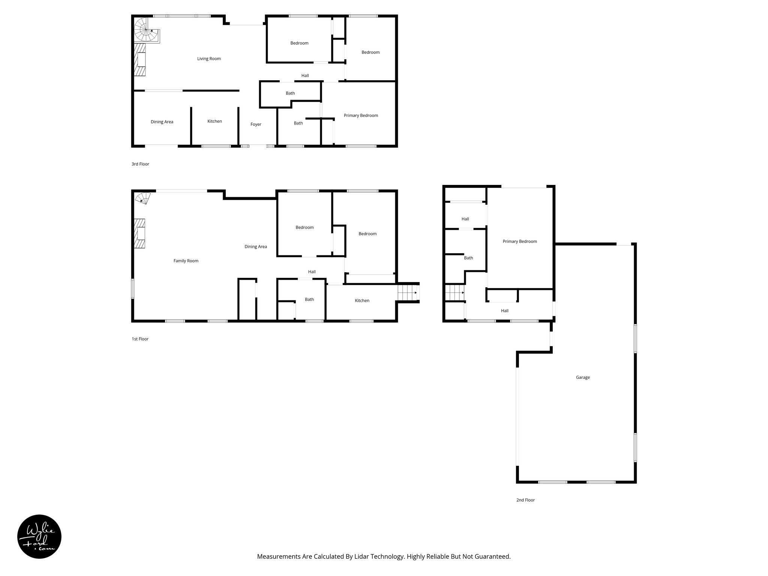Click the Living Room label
pos(209,58)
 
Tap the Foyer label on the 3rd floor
pos(256,124)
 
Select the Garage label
pos(583,377)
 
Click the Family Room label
pos(186,261)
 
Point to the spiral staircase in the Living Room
pos(145,30)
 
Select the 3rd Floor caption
pos(140,164)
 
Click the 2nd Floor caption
pos(525,500)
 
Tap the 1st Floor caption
pos(140,339)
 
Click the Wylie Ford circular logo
pos(39,537)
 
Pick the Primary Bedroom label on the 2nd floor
pos(520,241)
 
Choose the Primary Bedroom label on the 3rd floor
pos(361,115)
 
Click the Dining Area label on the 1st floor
pos(256,247)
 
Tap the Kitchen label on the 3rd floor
pos(214,121)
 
